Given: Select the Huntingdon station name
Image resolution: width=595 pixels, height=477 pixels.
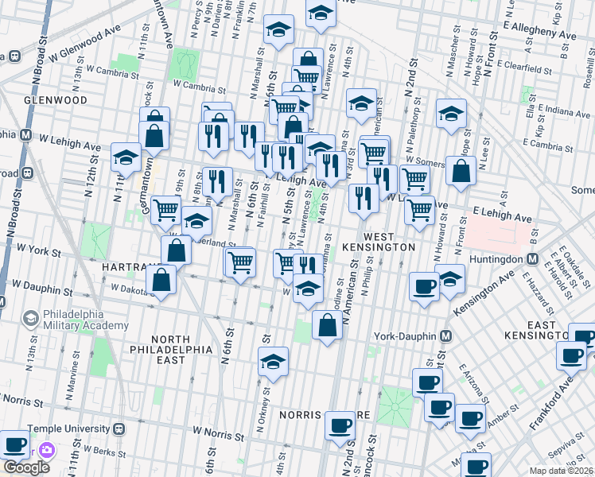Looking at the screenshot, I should [493, 259].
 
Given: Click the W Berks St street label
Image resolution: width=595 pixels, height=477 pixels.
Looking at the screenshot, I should [74, 451].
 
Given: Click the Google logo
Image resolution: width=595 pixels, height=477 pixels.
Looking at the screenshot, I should [26, 467].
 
